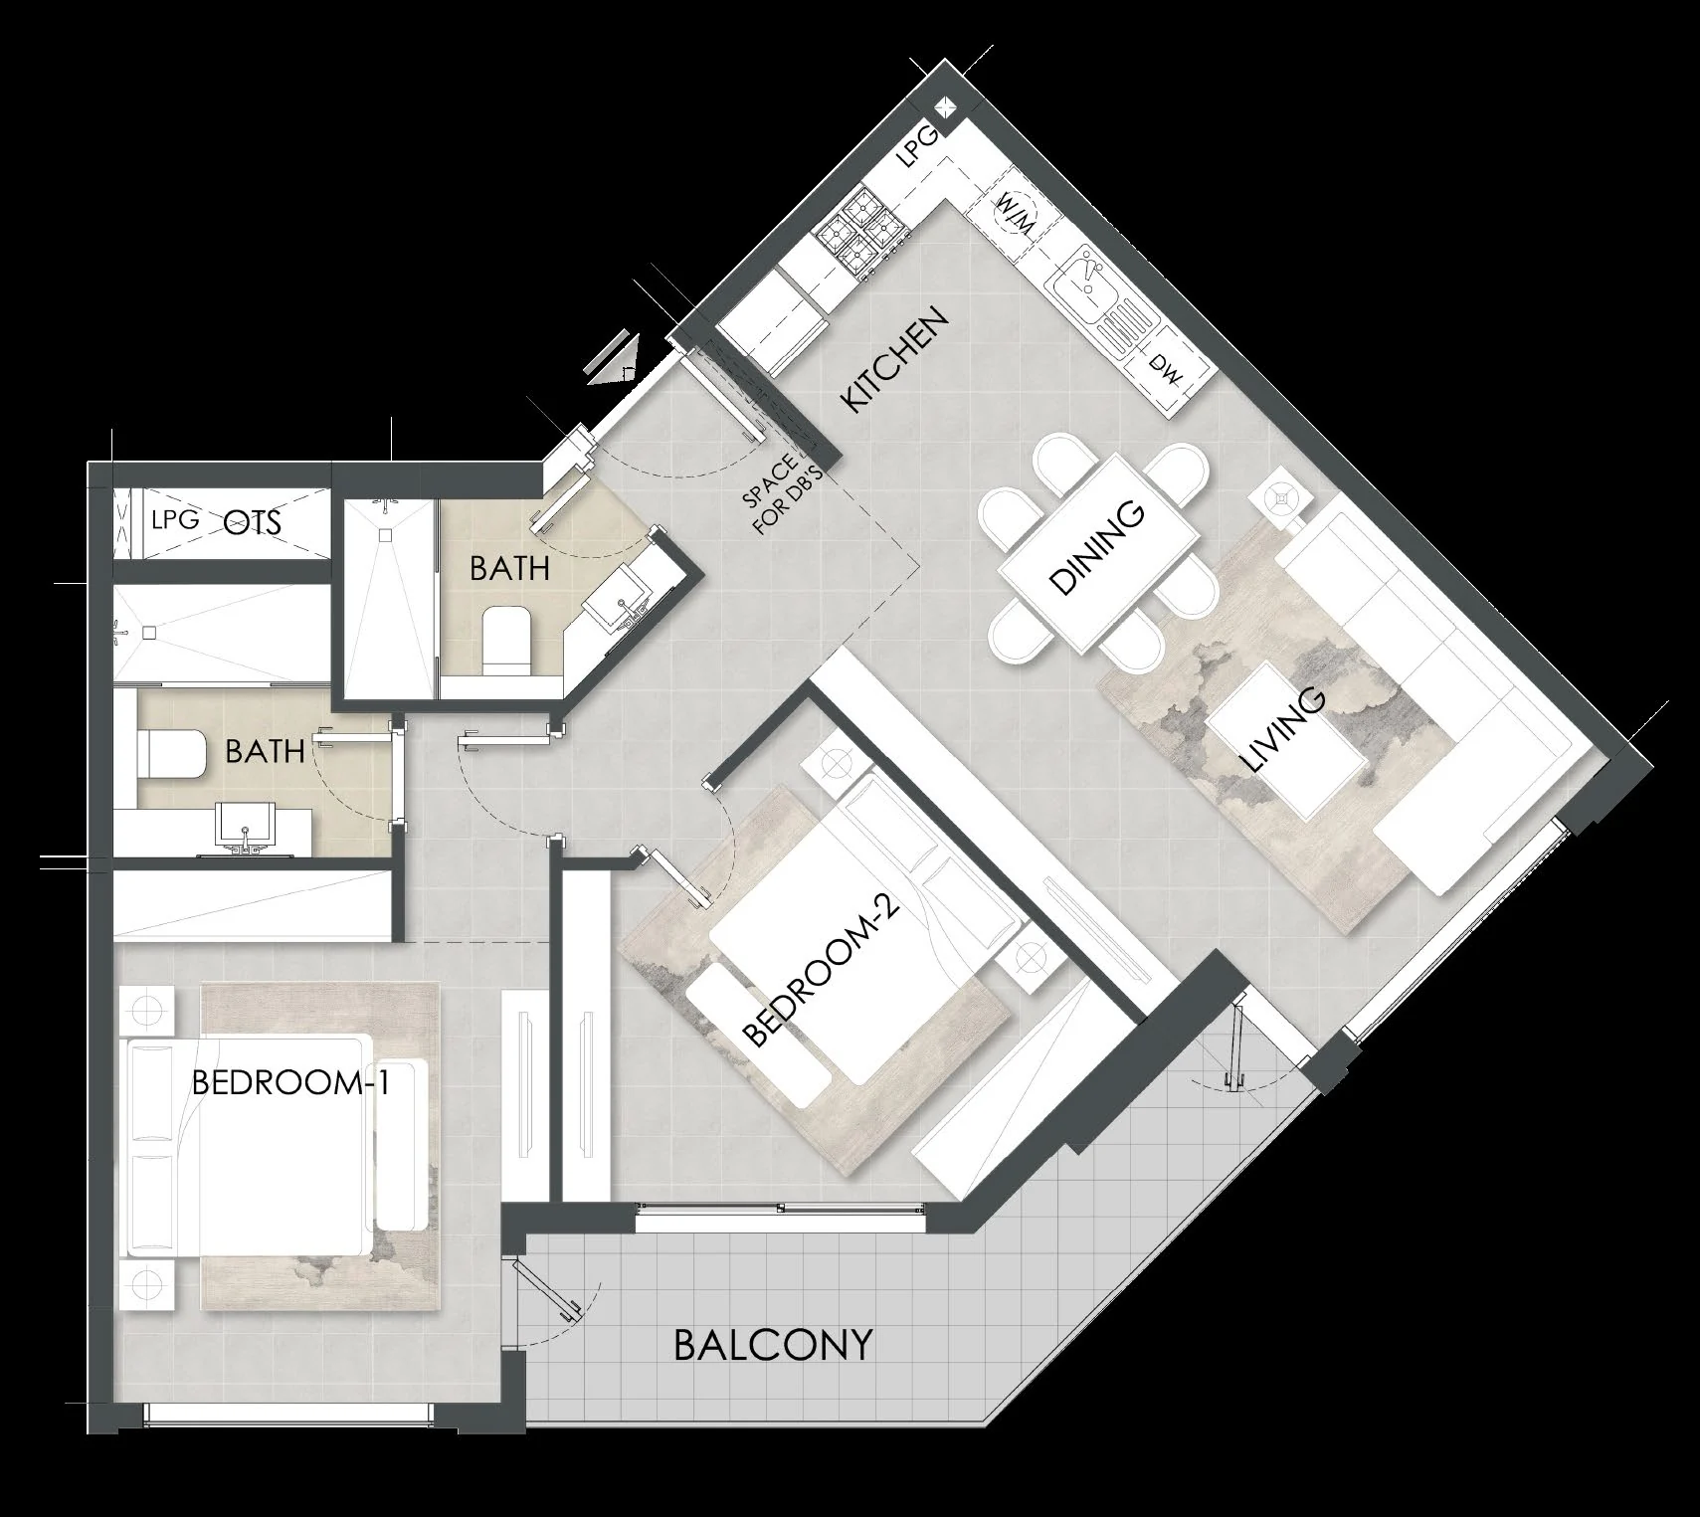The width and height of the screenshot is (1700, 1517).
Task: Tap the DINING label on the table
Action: point(1098,548)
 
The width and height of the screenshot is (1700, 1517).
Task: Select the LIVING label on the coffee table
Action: point(1286,730)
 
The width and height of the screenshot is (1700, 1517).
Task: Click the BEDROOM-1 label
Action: point(288,1082)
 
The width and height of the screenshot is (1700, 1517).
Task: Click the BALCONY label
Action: point(773,1346)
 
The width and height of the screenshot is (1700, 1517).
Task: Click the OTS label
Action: point(253,522)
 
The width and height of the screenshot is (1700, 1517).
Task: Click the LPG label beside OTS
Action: point(175,519)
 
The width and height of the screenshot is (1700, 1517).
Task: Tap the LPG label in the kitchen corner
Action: point(917,147)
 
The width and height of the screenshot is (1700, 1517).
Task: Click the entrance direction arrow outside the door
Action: point(613,359)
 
